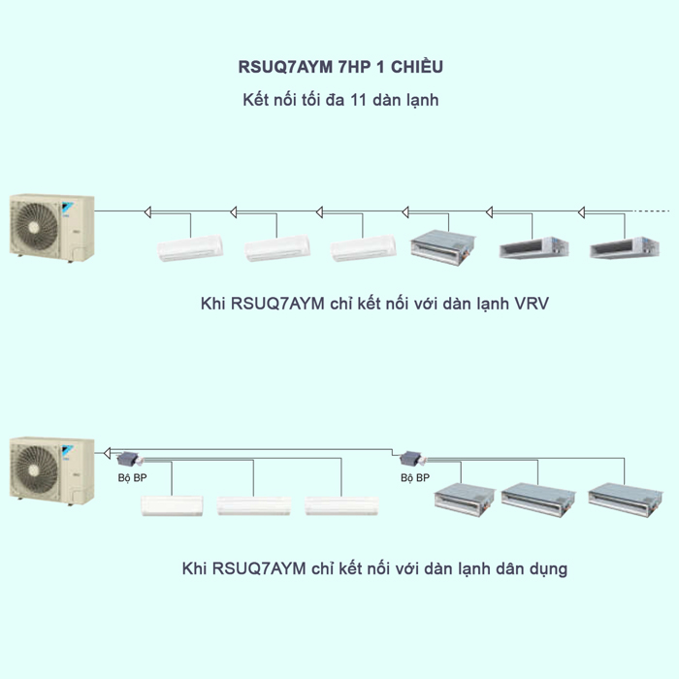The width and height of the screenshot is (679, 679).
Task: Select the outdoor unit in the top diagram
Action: (51, 227)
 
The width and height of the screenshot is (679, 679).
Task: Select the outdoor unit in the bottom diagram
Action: (51, 471)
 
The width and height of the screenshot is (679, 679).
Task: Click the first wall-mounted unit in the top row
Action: (190, 249)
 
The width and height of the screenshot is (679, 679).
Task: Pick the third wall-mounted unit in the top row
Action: (363, 249)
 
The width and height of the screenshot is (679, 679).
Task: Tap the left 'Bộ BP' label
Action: (118, 478)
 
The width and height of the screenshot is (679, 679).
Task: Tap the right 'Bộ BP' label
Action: (415, 478)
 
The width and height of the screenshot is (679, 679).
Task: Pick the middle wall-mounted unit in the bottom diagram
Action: (247, 505)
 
